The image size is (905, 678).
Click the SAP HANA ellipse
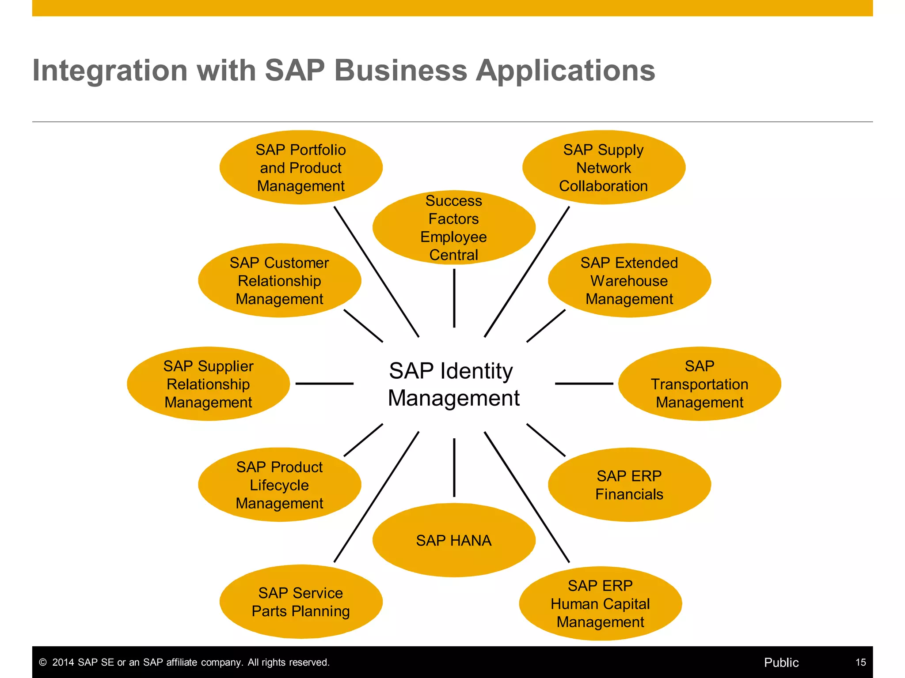pos(454,540)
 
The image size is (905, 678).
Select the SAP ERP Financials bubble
pos(629,485)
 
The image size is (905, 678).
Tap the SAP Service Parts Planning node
pos(301,602)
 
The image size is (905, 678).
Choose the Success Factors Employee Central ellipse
pos(454,228)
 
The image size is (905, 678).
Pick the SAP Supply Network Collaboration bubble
pos(604,168)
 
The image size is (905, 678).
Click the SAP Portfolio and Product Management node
pos(301,168)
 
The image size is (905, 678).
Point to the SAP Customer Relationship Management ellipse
pos(279,281)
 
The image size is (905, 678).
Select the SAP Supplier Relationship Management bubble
pos(208,384)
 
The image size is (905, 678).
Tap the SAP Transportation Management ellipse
pos(700,384)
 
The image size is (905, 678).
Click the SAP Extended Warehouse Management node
pos(629,281)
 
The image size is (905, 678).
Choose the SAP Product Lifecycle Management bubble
pos(279,485)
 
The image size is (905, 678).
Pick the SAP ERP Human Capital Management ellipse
pos(600,603)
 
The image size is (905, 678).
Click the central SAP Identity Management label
pos(453,384)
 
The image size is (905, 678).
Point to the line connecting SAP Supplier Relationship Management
pos(324,384)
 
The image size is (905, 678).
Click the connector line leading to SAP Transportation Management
pos(584,384)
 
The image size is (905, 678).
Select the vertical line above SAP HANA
pos(454,467)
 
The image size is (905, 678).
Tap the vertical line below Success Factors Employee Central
pos(454,298)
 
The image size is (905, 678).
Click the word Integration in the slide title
pos(110,71)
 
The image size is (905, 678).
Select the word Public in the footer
pos(781,663)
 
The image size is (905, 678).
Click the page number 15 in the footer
pos(860,663)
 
